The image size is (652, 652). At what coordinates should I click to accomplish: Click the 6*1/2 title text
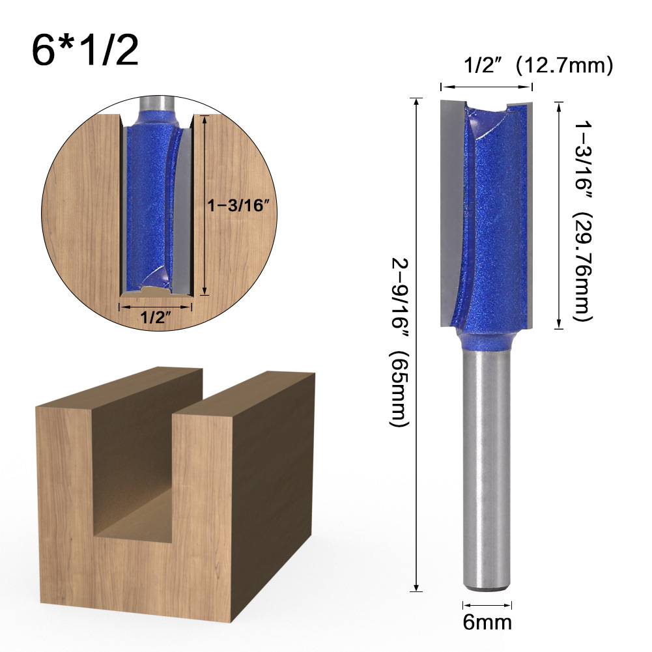85,51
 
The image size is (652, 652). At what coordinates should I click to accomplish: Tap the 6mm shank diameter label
487,621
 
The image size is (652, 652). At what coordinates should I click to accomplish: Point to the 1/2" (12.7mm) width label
537,65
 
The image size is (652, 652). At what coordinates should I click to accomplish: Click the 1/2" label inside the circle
156,319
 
